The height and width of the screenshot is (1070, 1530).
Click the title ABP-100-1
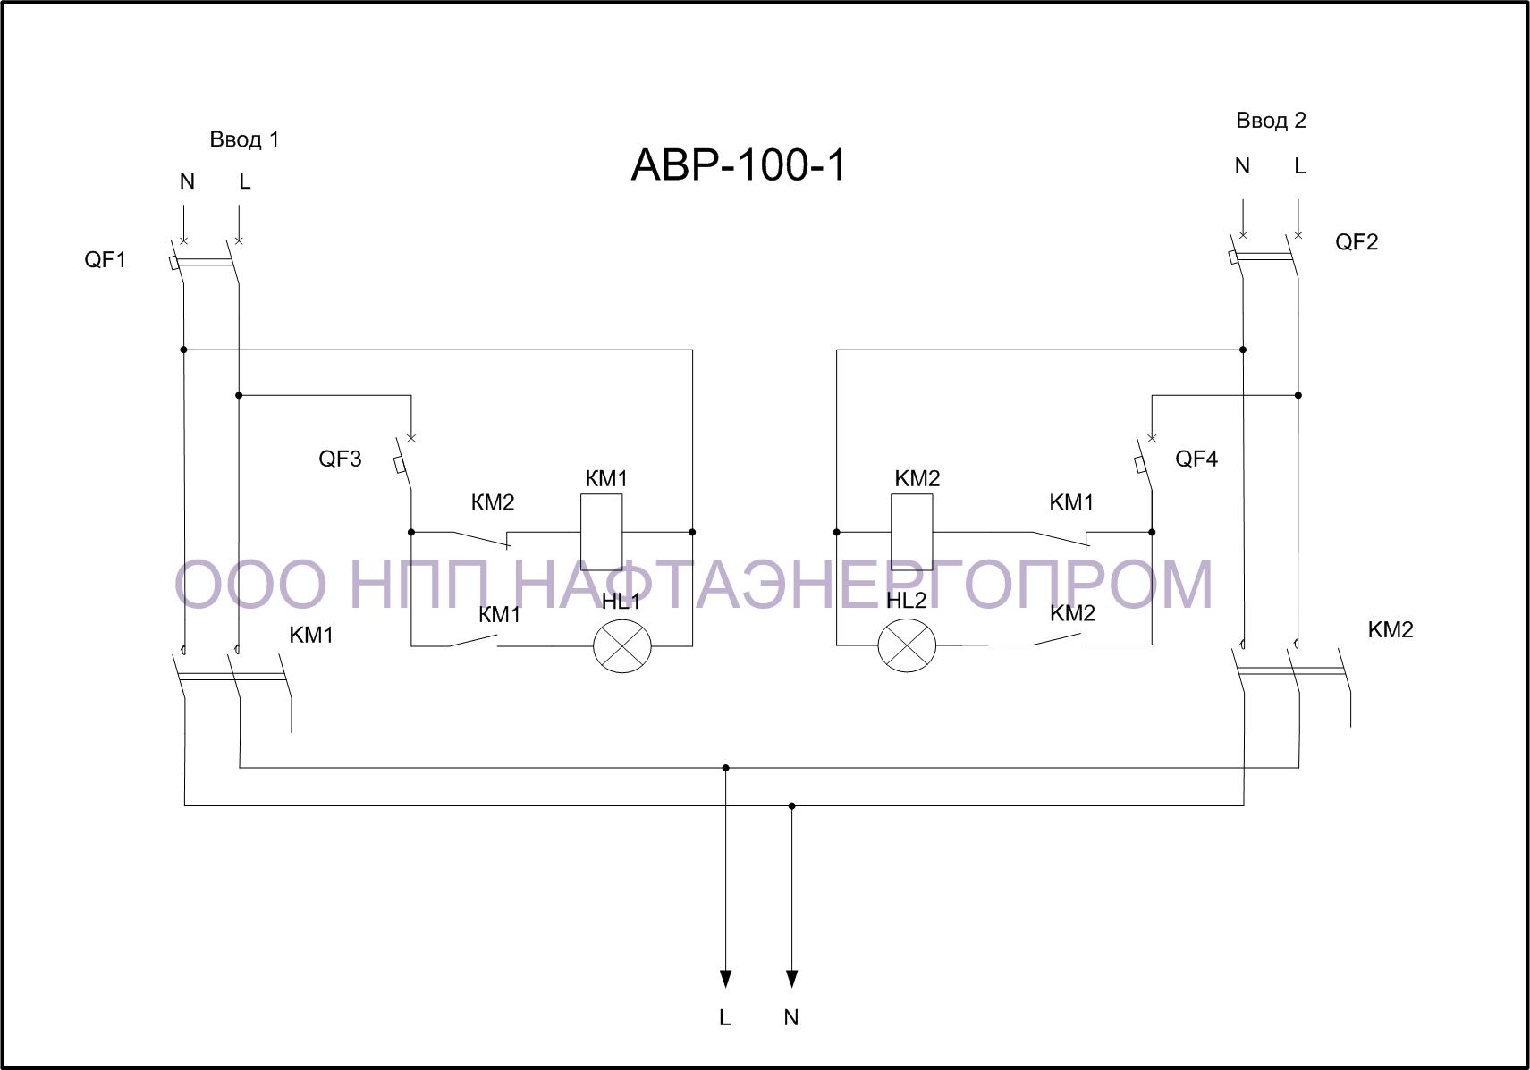pos(739,165)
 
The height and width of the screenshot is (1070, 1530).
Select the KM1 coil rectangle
pos(601,532)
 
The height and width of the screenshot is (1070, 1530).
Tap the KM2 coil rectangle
pos(911,532)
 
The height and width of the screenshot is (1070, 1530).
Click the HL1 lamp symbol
pos(622,645)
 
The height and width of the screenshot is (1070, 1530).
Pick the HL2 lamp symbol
pos(907,645)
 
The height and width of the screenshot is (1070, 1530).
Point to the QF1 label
pos(106,259)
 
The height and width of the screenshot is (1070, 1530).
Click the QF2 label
pos(1357,241)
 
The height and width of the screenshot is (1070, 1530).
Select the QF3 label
pos(340,459)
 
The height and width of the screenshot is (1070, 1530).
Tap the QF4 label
pos(1196,459)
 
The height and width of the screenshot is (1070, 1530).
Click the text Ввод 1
pos(244,139)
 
